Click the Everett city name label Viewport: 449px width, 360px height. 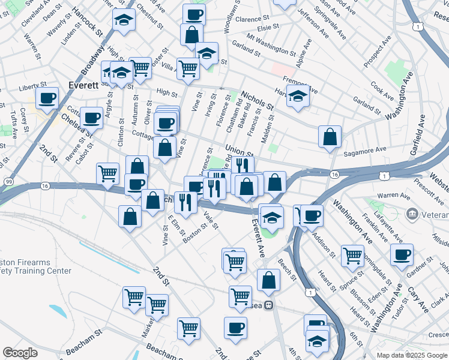(x=83, y=85)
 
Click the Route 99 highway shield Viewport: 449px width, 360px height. (x=8, y=181)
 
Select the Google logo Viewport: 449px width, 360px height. (x=20, y=352)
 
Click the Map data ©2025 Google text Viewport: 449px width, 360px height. (x=412, y=355)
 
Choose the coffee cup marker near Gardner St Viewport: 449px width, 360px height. (x=401, y=253)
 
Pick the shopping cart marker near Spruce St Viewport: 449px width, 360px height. (x=352, y=255)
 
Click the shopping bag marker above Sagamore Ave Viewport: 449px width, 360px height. (x=330, y=136)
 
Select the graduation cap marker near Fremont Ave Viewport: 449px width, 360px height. (x=298, y=96)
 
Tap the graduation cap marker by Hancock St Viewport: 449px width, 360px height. (x=124, y=21)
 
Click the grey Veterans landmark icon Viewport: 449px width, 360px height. (x=412, y=213)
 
